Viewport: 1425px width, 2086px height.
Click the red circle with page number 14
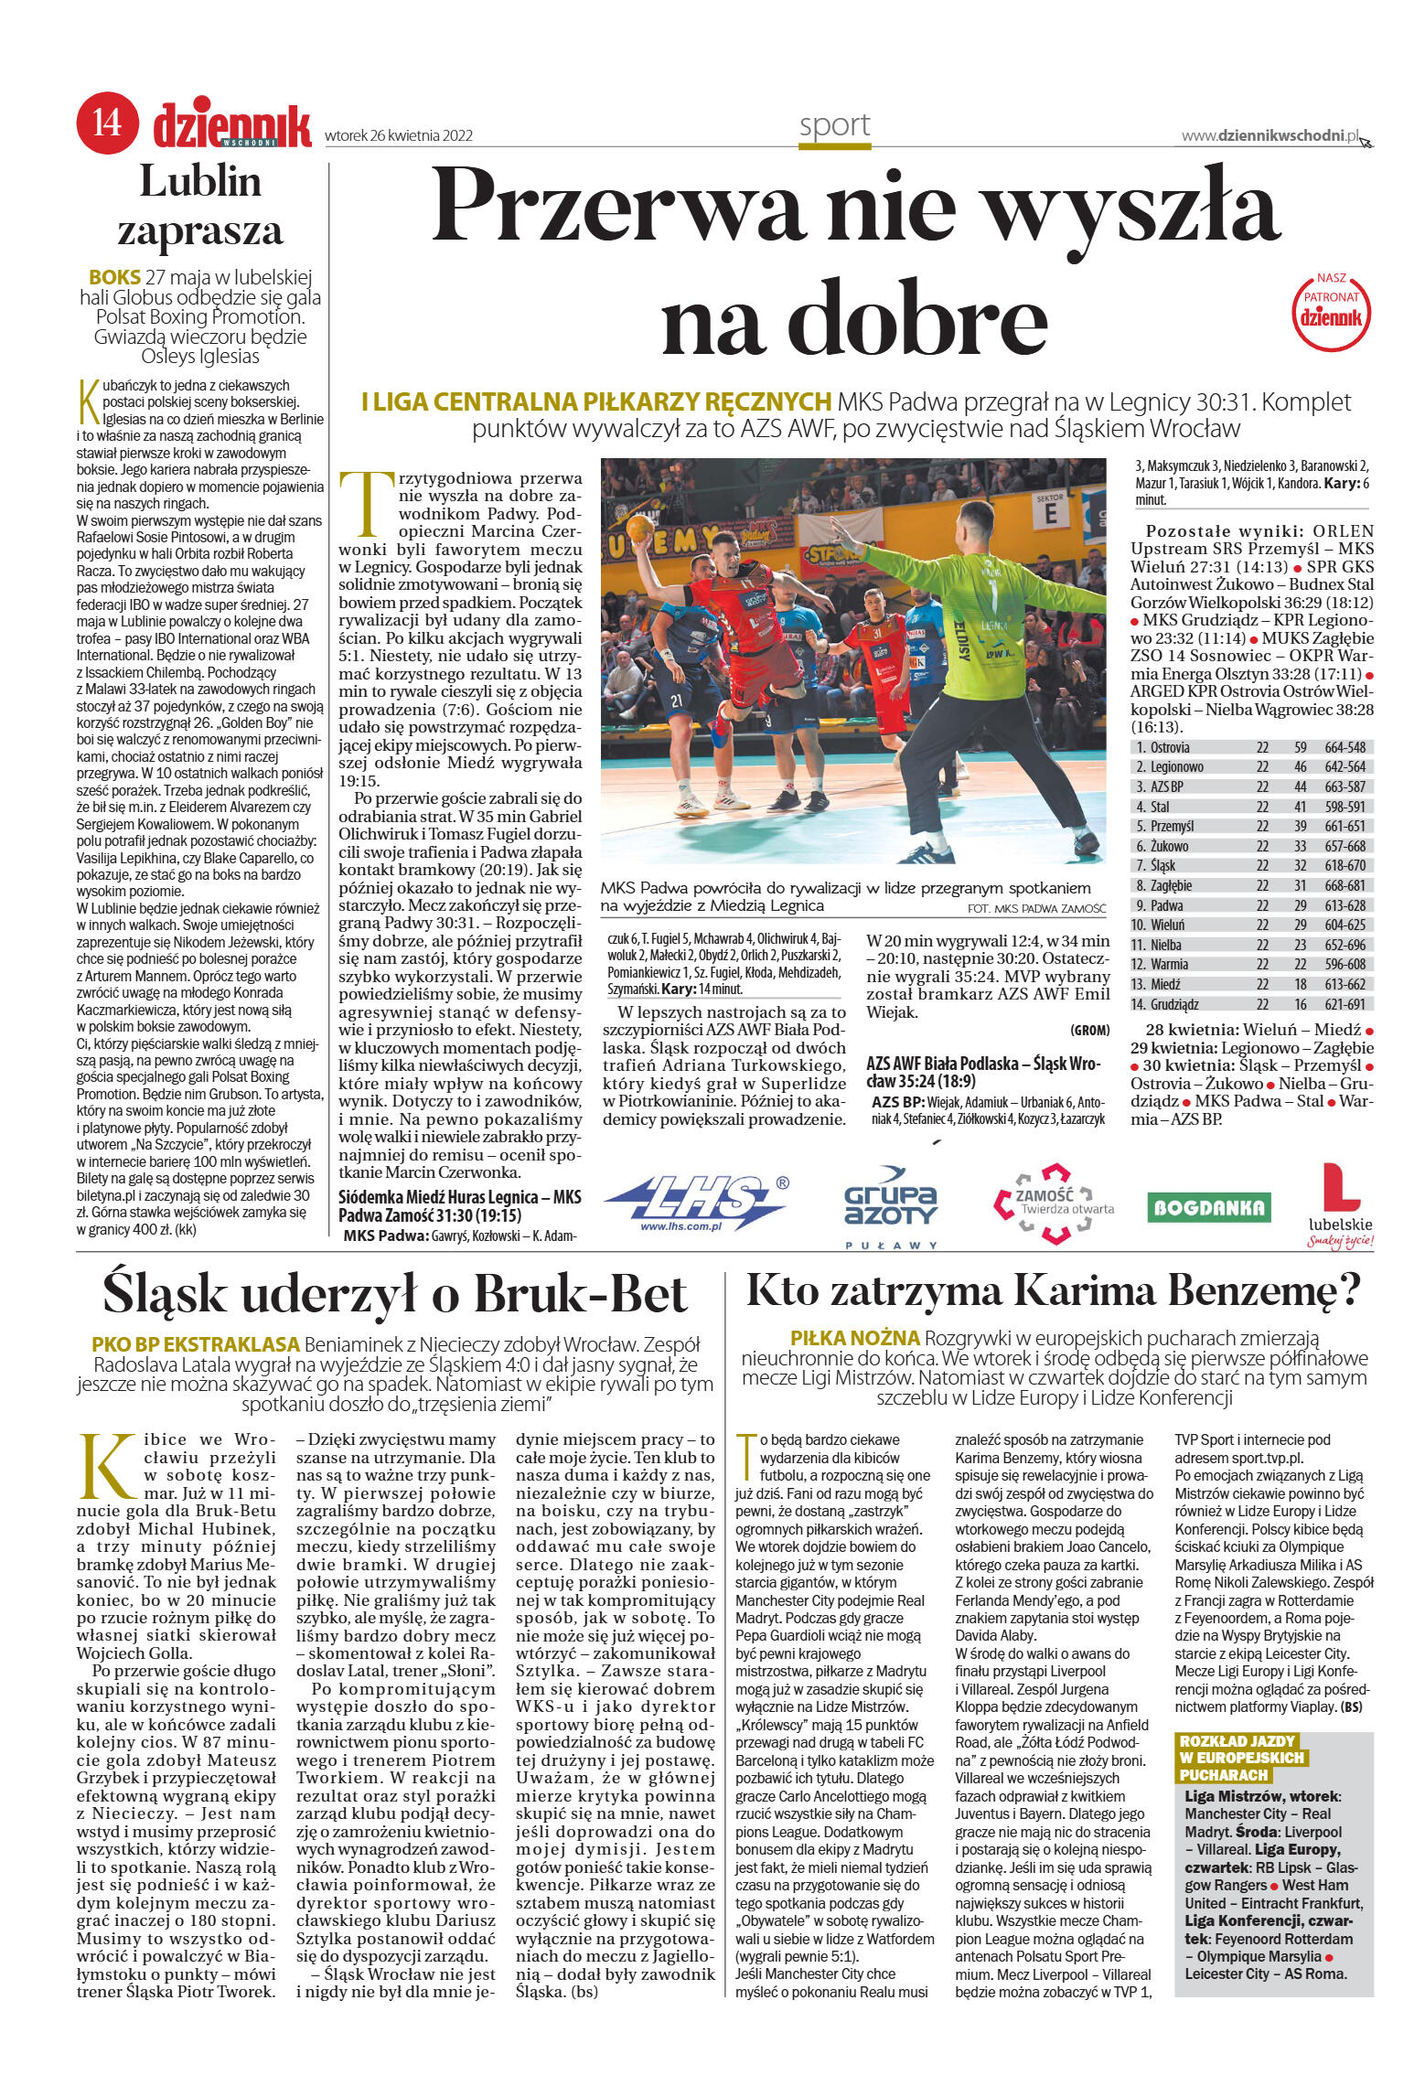point(107,123)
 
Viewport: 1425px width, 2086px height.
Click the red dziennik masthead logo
point(232,124)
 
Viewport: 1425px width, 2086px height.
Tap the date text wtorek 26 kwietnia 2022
point(399,136)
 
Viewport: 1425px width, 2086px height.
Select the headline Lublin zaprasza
point(200,206)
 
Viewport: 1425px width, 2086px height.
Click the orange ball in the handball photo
point(641,530)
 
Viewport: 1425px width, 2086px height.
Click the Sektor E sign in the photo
point(1050,508)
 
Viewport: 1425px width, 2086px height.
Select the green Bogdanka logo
point(1208,1207)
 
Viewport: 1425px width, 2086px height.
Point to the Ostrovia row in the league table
point(1249,747)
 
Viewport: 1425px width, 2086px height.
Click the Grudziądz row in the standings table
point(1249,1004)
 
